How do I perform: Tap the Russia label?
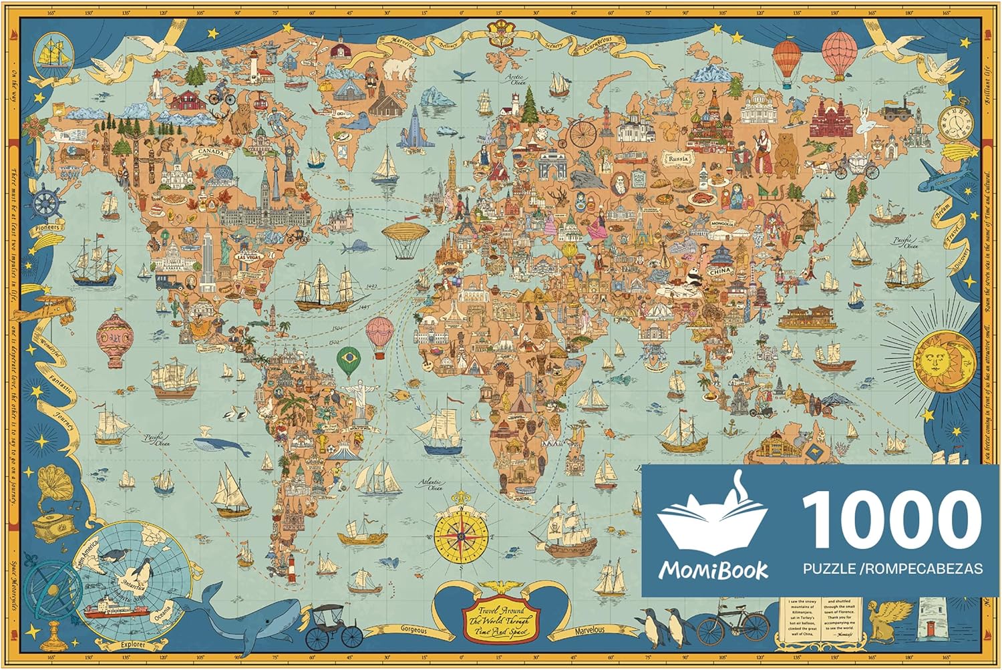click(677, 159)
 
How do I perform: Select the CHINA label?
click(719, 272)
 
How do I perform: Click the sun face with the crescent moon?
click(943, 361)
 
